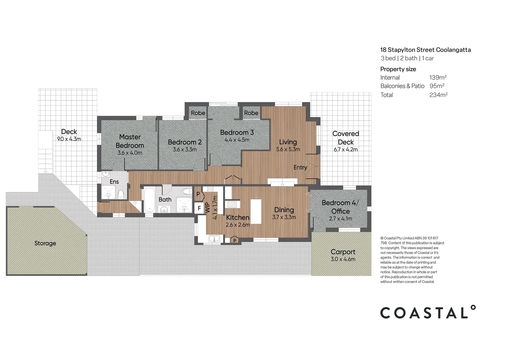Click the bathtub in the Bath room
pos(149,199)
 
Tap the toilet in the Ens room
pos(121,194)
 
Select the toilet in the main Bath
pos(188,191)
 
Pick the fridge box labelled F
pos(199,208)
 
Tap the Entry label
pos(300,167)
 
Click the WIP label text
pos(208,208)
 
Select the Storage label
pos(45,243)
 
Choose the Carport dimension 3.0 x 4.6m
pos(343,259)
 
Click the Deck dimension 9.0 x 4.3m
pos(69,139)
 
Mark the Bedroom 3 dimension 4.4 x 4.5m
pos(237,140)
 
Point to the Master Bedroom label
pos(130,141)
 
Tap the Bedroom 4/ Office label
pos(340,207)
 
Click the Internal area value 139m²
pos(438,77)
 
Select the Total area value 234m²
pos(438,95)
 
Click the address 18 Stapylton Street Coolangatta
pos(425,50)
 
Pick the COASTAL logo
pos(428,312)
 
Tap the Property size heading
pos(398,69)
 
